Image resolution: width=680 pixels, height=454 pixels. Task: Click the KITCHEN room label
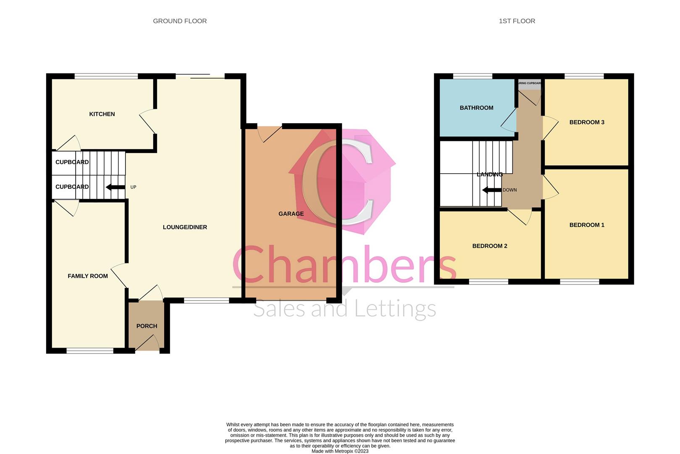tap(102, 114)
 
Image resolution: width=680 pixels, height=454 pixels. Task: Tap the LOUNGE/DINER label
tap(185, 227)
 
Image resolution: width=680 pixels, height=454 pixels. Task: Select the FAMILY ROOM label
tap(88, 276)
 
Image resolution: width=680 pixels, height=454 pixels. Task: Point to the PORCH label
tap(147, 326)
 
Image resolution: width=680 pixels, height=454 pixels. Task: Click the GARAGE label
tap(291, 214)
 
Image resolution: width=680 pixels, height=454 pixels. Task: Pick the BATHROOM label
tap(476, 108)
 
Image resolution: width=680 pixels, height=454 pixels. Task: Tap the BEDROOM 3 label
tap(587, 122)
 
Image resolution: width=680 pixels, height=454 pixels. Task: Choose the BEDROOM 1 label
tap(587, 225)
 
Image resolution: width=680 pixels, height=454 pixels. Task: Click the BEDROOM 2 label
tap(490, 246)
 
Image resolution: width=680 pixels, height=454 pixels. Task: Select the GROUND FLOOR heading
tap(180, 21)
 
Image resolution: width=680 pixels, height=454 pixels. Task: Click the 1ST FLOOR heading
tap(517, 21)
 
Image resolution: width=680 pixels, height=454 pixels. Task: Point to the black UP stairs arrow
tap(115, 187)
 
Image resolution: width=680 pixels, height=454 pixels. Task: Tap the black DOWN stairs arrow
tap(492, 190)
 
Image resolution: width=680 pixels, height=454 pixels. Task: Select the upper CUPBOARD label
tap(72, 162)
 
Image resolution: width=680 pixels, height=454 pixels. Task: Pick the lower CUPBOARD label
tap(72, 187)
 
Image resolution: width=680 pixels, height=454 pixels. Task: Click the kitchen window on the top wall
tap(106, 76)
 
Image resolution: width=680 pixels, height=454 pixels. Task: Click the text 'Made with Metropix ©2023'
tap(340, 451)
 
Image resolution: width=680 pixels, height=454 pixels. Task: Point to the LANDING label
tap(490, 174)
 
